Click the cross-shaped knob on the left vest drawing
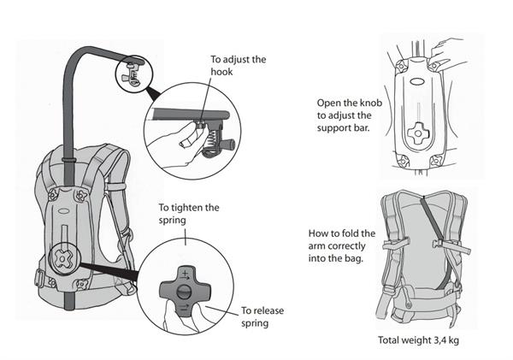(x=66, y=257)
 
